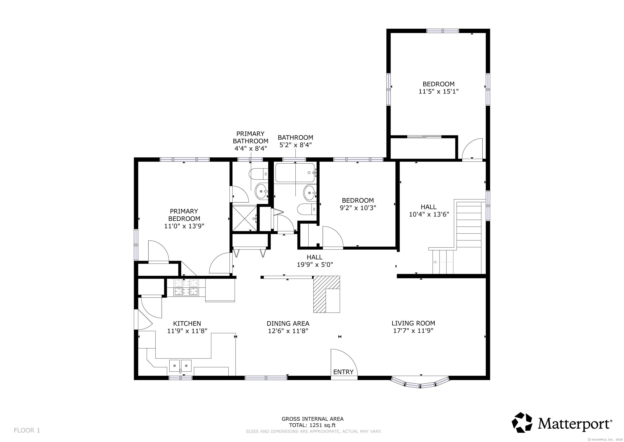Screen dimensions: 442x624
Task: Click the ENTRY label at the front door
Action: coord(343,372)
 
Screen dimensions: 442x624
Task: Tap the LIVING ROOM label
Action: coord(413,323)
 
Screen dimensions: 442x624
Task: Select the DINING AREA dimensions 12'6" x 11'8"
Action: coord(288,331)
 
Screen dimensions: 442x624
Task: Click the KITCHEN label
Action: coord(187,324)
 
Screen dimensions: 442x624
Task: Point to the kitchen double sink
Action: coord(180,366)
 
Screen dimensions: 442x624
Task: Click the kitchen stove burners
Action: coord(186,288)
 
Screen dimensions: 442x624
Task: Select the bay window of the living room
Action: coord(420,383)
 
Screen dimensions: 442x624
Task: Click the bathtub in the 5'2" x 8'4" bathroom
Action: coord(295,173)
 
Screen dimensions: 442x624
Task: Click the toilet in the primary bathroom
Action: coord(258,173)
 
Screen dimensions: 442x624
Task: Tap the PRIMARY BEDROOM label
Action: coord(184,215)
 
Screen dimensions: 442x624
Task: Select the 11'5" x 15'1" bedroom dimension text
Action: coord(438,92)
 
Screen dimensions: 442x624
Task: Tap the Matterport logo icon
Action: coord(522,422)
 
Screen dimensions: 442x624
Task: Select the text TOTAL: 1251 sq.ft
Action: coord(312,425)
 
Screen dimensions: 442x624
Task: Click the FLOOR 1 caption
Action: coord(27,430)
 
